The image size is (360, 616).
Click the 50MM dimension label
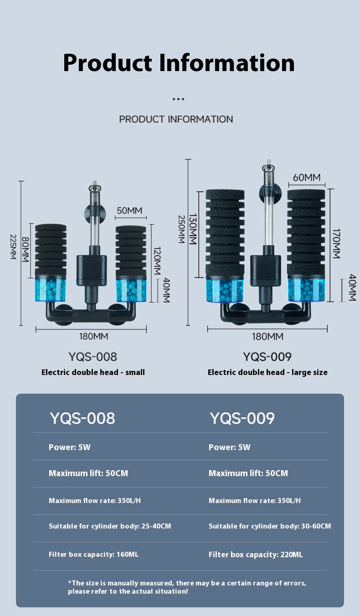pyautogui.click(x=129, y=210)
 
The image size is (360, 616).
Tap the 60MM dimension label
pyautogui.click(x=306, y=177)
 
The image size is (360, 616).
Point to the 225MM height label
pyautogui.click(x=13, y=247)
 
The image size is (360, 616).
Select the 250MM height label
pyautogui.click(x=181, y=229)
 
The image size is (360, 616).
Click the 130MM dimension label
pyautogui.click(x=193, y=229)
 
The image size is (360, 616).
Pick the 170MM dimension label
pyautogui.click(x=336, y=244)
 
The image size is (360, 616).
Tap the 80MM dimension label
pyautogui.click(x=26, y=250)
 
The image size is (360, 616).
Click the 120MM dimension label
pyautogui.click(x=157, y=261)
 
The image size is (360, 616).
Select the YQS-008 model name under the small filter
pyautogui.click(x=93, y=356)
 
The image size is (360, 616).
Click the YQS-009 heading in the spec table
pyautogui.click(x=242, y=418)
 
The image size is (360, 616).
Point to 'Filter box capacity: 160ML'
pyautogui.click(x=93, y=554)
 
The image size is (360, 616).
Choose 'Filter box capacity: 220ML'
pyautogui.click(x=255, y=554)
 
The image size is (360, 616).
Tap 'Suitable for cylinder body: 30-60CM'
pyautogui.click(x=270, y=526)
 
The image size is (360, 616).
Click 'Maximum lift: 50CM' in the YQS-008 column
pyautogui.click(x=88, y=473)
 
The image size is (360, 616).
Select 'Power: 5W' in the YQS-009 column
pyautogui.click(x=230, y=447)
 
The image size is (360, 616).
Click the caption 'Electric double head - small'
pyautogui.click(x=93, y=372)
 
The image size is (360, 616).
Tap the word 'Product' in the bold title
pyautogui.click(x=108, y=63)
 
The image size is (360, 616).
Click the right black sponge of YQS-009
pyautogui.click(x=306, y=232)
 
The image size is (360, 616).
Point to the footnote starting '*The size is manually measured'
pyautogui.click(x=187, y=587)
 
